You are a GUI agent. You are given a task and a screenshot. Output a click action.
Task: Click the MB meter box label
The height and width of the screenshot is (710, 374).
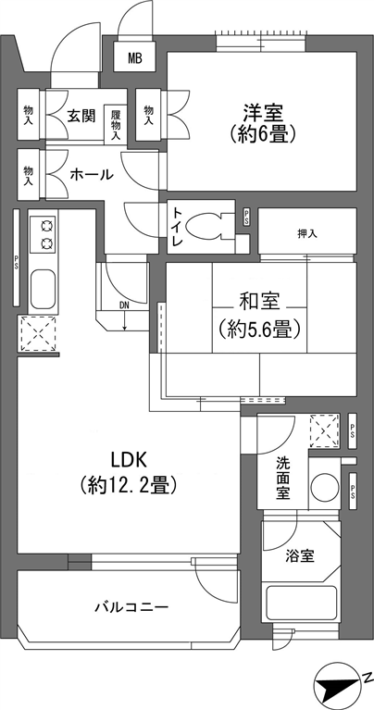134,57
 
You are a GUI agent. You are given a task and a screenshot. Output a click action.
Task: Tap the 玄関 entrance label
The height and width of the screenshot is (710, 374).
81,116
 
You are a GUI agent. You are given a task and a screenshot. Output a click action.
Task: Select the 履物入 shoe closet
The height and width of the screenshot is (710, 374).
116,125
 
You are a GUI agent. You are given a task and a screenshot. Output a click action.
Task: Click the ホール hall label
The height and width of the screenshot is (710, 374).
92,174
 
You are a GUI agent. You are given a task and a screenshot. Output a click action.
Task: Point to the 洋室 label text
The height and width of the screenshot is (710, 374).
262,111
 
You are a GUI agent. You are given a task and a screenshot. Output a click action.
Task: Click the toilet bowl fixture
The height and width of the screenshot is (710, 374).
205,226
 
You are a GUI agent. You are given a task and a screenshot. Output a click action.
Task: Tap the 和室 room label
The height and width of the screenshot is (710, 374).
259,303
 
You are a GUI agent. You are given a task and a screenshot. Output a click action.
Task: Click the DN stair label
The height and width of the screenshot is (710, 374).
124,305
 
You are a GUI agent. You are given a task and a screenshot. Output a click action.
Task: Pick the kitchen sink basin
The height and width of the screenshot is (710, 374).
43,289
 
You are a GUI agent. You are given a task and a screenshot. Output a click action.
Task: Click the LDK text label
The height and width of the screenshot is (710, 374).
128,460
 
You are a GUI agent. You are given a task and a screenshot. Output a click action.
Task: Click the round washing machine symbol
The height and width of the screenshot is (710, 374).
325,488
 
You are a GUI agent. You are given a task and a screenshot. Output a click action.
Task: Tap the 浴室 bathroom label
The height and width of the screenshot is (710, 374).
300,555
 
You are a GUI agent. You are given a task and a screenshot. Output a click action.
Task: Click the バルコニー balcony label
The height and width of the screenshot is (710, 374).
131,606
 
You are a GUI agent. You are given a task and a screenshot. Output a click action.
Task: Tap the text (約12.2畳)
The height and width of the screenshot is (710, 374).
128,486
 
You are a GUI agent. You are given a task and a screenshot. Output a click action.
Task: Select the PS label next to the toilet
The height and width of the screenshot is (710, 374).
246,216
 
